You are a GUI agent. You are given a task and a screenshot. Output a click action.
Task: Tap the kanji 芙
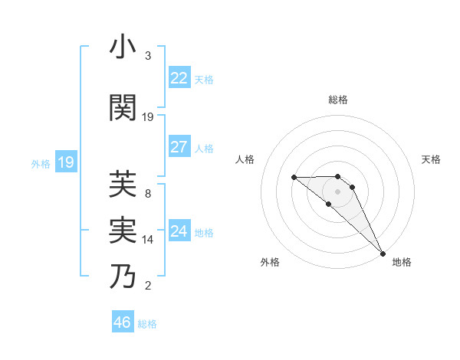pyautogui.click(x=123, y=184)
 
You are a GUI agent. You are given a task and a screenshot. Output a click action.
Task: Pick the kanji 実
pyautogui.click(x=123, y=230)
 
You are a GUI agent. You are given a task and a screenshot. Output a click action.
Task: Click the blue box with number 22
pyautogui.click(x=179, y=78)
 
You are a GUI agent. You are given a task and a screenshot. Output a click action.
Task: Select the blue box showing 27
pyautogui.click(x=179, y=147)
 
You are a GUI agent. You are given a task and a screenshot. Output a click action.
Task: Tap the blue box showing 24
pyautogui.click(x=179, y=231)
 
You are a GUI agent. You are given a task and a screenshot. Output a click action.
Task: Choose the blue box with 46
pyautogui.click(x=123, y=322)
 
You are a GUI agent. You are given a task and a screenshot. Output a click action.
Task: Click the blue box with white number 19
pyautogui.click(x=66, y=162)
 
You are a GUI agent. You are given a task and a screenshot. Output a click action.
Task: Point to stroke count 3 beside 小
pyautogui.click(x=148, y=56)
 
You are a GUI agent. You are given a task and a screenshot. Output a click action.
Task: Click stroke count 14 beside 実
pyautogui.click(x=148, y=240)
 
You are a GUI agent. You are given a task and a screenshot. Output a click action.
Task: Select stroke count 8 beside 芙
pyautogui.click(x=148, y=194)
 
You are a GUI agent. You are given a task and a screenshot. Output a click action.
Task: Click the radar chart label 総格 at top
pyautogui.click(x=338, y=100)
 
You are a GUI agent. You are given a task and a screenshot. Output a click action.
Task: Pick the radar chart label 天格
pyautogui.click(x=432, y=159)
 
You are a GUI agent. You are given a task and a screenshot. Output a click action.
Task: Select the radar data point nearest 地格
pyautogui.click(x=383, y=253)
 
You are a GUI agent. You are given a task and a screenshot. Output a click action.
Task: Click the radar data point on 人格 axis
pyautogui.click(x=294, y=178)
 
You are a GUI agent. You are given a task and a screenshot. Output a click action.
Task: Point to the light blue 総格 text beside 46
pyautogui.click(x=148, y=324)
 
